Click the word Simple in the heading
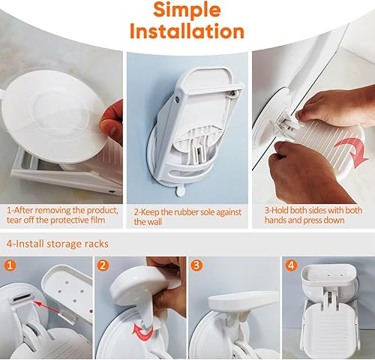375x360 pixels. pyautogui.click(x=187, y=10)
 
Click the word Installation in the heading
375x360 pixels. pyautogui.click(x=187, y=31)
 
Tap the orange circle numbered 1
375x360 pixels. pyautogui.click(x=10, y=265)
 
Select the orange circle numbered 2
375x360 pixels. pyautogui.click(x=103, y=265)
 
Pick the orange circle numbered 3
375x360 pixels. pyautogui.click(x=196, y=265)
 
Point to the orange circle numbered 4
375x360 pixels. pyautogui.click(x=291, y=265)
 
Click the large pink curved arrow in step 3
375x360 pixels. pyautogui.click(x=354, y=152)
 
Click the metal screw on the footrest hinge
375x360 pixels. pyautogui.click(x=234, y=93)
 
